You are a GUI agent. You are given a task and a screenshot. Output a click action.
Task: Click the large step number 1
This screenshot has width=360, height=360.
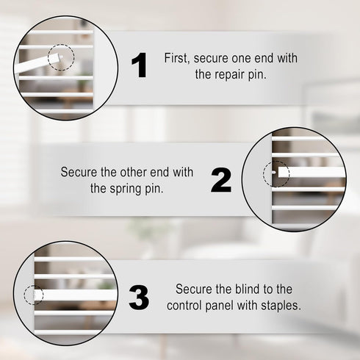point(139,65)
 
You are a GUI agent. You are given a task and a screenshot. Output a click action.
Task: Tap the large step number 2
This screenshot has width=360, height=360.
point(221,180)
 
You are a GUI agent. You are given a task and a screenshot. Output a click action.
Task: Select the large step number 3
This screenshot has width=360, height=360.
point(139,298)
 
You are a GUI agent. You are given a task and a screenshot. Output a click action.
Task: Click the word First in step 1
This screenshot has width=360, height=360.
point(177,58)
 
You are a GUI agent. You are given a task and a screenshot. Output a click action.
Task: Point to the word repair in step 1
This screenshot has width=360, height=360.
point(229,74)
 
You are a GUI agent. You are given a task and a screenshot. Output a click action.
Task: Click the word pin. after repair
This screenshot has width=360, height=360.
point(257,74)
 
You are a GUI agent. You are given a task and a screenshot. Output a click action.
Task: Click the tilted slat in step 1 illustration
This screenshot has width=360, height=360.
point(37,63)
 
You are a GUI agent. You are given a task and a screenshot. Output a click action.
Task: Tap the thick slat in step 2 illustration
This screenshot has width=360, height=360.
point(312,172)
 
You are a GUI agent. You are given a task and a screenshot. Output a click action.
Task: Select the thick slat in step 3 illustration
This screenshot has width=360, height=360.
point(75,295)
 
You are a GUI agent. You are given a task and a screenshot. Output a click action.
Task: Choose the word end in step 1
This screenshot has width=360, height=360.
point(264,58)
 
